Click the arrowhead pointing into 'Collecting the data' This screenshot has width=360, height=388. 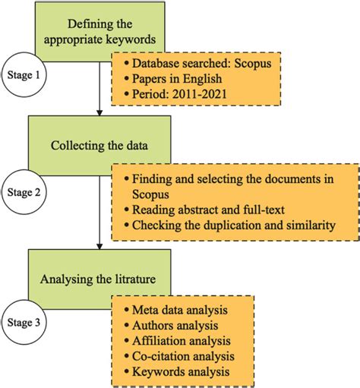click(99, 115)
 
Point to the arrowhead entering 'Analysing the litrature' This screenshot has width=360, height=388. click(99, 244)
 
